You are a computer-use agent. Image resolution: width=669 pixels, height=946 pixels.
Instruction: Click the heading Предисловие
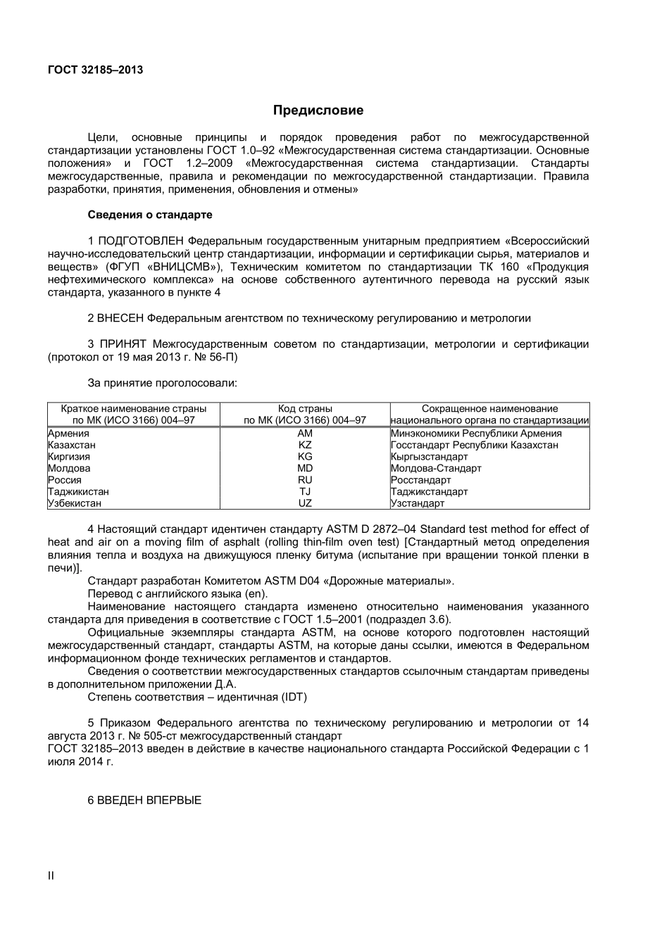pyautogui.click(x=318, y=111)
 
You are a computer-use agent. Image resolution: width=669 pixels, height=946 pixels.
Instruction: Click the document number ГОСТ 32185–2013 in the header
pyautogui.click(x=95, y=70)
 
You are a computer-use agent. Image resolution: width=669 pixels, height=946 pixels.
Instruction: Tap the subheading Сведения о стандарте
pyautogui.click(x=149, y=215)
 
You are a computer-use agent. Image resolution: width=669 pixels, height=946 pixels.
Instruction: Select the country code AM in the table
pyautogui.click(x=305, y=434)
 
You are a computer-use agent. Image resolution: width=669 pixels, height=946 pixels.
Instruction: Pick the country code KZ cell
pyautogui.click(x=305, y=445)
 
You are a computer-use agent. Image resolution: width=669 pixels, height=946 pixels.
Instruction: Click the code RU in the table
pyautogui.click(x=305, y=480)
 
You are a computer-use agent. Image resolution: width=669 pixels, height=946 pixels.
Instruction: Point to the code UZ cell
pyautogui.click(x=305, y=503)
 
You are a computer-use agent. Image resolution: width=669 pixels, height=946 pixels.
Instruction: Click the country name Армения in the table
pyautogui.click(x=68, y=434)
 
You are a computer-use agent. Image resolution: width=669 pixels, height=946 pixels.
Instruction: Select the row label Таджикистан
pyautogui.click(x=78, y=492)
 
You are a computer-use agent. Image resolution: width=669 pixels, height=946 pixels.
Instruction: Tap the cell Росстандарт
pyautogui.click(x=420, y=480)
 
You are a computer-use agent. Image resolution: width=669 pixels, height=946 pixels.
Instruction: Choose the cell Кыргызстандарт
pyautogui.click(x=429, y=457)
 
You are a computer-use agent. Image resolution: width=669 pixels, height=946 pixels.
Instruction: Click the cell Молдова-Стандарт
pyautogui.click(x=436, y=468)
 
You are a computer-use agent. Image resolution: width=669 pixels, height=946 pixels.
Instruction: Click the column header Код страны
pyautogui.click(x=305, y=408)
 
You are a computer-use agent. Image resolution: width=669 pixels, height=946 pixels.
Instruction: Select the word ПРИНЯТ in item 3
pyautogui.click(x=123, y=344)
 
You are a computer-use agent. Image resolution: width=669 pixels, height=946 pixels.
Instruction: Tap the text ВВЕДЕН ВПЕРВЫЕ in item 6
pyautogui.click(x=149, y=800)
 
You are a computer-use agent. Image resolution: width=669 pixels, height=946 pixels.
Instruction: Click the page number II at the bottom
pyautogui.click(x=51, y=876)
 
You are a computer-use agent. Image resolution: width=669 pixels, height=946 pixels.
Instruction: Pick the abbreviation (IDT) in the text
pyautogui.click(x=294, y=697)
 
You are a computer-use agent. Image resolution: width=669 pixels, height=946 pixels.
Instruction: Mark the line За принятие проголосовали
pyautogui.click(x=162, y=384)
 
